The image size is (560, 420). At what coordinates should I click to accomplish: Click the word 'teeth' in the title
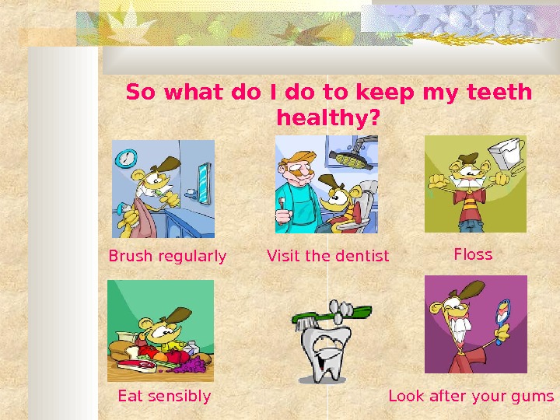coord(501,93)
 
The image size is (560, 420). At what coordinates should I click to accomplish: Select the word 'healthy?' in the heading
coord(328,119)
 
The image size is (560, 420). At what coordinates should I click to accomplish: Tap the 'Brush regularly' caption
coord(167,256)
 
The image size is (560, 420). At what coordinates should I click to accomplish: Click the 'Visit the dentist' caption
coord(327,256)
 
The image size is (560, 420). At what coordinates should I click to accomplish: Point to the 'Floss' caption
coord(473,254)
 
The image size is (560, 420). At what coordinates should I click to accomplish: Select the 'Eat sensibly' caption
coord(164,396)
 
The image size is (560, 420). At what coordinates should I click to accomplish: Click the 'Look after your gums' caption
coord(471,396)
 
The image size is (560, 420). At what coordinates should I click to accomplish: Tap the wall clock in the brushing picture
coord(125,159)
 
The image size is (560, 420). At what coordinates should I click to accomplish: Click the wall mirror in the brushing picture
coord(203,183)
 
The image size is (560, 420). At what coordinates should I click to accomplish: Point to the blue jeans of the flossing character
coord(470,226)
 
